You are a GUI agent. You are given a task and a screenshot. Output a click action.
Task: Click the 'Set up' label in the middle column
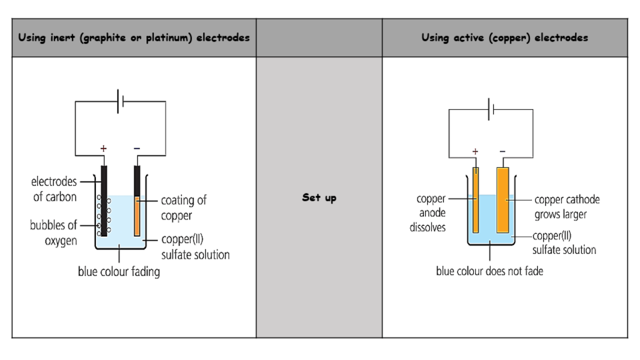tap(319, 198)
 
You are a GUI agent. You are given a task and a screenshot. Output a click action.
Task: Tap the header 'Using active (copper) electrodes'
tap(504, 38)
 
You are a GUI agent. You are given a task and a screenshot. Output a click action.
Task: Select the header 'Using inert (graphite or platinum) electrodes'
tap(134, 38)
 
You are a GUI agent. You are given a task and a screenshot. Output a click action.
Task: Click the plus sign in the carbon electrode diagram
tap(103, 148)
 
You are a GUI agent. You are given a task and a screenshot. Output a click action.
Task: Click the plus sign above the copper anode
tap(475, 151)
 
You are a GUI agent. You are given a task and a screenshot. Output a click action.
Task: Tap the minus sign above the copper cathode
tap(502, 151)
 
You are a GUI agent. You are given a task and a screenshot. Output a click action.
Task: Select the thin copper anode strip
tap(475, 200)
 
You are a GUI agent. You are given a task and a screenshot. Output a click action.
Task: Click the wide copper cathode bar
tap(502, 200)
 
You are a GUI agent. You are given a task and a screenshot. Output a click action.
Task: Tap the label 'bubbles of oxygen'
tap(53, 233)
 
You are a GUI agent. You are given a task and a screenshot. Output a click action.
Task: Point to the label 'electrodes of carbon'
tap(54, 188)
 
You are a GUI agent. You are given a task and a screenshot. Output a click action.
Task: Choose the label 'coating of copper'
tap(183, 208)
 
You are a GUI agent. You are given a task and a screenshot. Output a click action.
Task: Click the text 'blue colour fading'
tap(119, 272)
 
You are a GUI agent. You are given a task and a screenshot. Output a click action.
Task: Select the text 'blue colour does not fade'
tap(489, 271)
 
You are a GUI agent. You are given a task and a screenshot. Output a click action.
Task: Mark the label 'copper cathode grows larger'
tap(567, 207)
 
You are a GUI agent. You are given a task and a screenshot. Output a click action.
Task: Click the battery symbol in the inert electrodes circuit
tap(120, 101)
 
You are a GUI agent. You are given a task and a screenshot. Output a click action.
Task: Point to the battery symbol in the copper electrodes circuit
tap(491, 109)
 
